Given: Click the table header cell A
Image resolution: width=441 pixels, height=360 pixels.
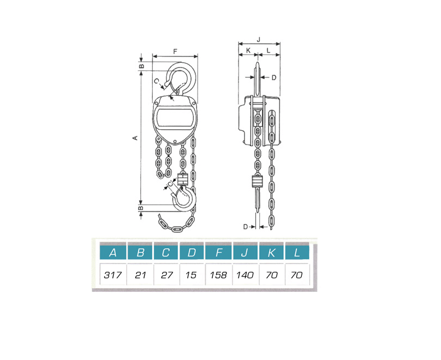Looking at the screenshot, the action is (113, 253).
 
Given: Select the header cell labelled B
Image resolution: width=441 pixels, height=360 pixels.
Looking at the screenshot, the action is (140, 253).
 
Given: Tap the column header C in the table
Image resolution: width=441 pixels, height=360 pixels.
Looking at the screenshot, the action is (166, 253).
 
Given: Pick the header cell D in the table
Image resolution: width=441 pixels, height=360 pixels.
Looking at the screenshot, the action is (192, 253).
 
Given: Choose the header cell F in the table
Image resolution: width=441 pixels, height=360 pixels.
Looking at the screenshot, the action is (218, 253).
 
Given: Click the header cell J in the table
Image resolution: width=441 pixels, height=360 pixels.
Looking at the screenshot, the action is (245, 253).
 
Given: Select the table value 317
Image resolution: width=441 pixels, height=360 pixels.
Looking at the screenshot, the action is (112, 274).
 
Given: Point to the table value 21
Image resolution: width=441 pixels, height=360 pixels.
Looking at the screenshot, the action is (140, 274).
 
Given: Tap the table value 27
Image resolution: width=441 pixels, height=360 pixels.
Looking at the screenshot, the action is (166, 274).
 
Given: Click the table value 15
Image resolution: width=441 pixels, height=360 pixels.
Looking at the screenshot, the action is (191, 274).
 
